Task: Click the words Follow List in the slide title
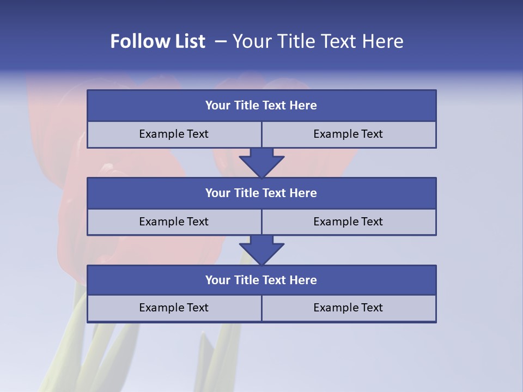point(157,41)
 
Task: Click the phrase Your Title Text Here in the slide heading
point(318,41)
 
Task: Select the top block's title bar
point(261,106)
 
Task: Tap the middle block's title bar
point(261,193)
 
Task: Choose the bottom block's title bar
point(261,280)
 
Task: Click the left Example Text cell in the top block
point(174,134)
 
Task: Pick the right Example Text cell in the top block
point(349,134)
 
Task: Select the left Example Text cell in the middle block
point(174,222)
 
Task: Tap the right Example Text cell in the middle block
point(349,222)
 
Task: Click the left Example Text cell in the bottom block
point(174,308)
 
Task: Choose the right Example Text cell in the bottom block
point(349,308)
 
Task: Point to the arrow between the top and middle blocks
point(261,162)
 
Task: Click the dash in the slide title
point(221,41)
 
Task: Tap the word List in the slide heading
point(187,41)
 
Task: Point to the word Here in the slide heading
point(384,41)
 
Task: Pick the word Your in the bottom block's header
point(218,280)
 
